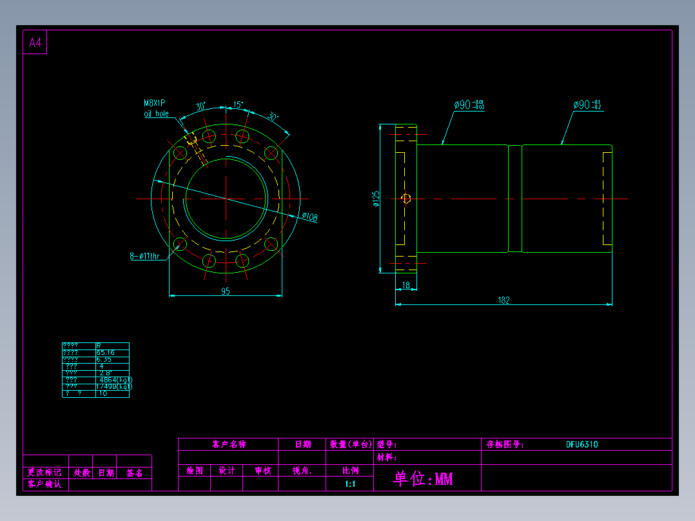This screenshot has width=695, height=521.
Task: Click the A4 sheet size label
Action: point(35,43)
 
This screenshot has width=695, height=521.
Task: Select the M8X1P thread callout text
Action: point(155,103)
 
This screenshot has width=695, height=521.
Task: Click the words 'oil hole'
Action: point(156,113)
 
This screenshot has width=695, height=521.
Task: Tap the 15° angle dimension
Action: point(238,104)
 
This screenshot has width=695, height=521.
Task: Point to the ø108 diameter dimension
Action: point(309,218)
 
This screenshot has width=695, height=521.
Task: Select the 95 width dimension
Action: point(226,291)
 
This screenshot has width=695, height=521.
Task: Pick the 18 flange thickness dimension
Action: point(406,285)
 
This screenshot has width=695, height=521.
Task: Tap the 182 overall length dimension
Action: point(504,300)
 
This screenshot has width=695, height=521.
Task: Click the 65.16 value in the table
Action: point(105,353)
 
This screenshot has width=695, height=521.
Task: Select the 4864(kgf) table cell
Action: point(113,380)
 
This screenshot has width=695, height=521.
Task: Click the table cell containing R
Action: point(99,346)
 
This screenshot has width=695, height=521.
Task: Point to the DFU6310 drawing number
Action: point(582,444)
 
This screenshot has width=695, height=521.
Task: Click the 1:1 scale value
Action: point(350,484)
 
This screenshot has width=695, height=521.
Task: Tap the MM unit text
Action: point(444,479)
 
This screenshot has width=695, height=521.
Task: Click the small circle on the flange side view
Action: point(406,199)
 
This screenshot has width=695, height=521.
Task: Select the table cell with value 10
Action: point(103,393)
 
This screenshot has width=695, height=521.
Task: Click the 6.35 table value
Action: point(104,359)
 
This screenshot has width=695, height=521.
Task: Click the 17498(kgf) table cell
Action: point(114,387)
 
